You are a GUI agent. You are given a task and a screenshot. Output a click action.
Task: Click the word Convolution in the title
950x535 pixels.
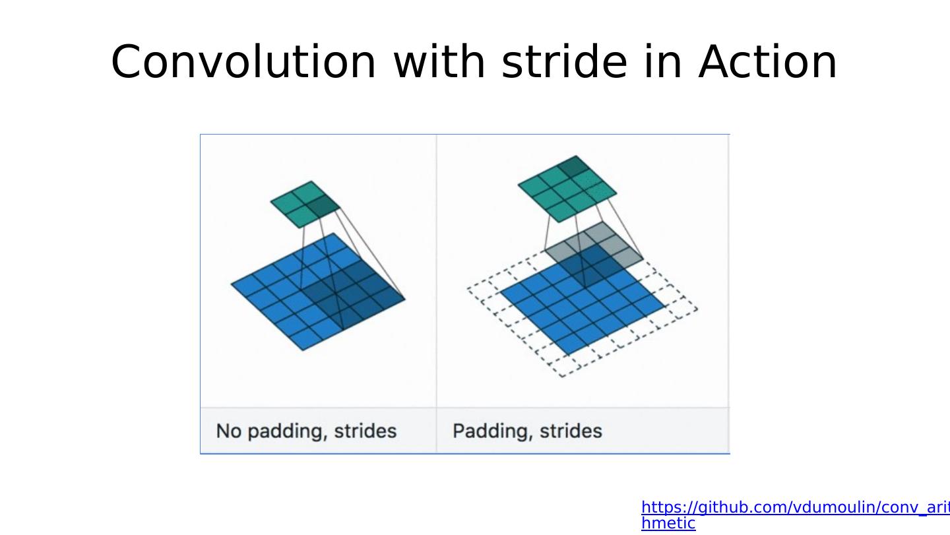pos(243,62)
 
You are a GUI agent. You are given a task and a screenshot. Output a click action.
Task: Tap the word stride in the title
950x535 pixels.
pos(565,61)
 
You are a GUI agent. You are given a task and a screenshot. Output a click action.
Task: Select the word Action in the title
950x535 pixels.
pos(768,62)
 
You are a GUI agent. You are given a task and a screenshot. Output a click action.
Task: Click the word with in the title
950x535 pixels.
pos(439,61)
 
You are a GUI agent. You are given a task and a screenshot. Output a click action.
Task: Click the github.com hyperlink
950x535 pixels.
pos(795,515)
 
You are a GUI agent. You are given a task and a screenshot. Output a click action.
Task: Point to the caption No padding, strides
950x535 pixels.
pos(306,431)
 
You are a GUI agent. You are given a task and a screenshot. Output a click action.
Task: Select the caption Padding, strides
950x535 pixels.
pos(527,431)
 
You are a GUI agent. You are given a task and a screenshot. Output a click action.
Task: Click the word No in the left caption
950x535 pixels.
pos(229,431)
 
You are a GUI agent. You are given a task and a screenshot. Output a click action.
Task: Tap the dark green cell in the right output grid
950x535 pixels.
pos(574,166)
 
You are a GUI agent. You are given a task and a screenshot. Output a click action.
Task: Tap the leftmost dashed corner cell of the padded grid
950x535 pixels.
pos(484,290)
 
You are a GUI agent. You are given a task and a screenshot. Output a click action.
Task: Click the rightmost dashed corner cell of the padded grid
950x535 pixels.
pos(681,308)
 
